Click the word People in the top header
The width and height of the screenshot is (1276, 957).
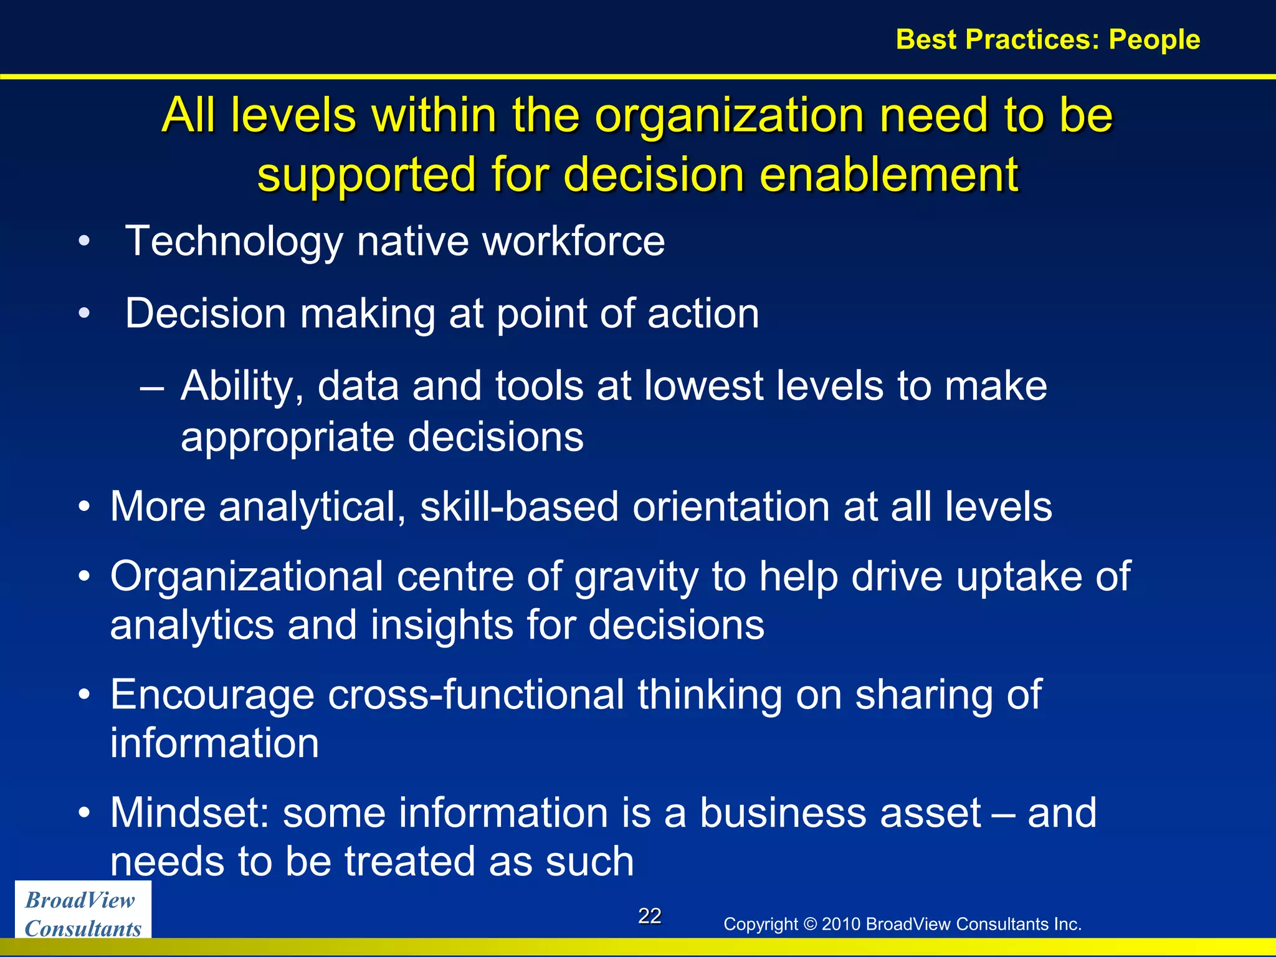click(1154, 39)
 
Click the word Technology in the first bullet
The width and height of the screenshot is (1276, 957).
click(234, 242)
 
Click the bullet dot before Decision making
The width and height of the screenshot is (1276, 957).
click(85, 313)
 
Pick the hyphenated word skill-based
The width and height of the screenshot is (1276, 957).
click(520, 506)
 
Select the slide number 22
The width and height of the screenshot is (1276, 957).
click(649, 916)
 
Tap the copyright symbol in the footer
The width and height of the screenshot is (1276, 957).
click(809, 924)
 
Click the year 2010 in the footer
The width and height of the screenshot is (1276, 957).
click(841, 924)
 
